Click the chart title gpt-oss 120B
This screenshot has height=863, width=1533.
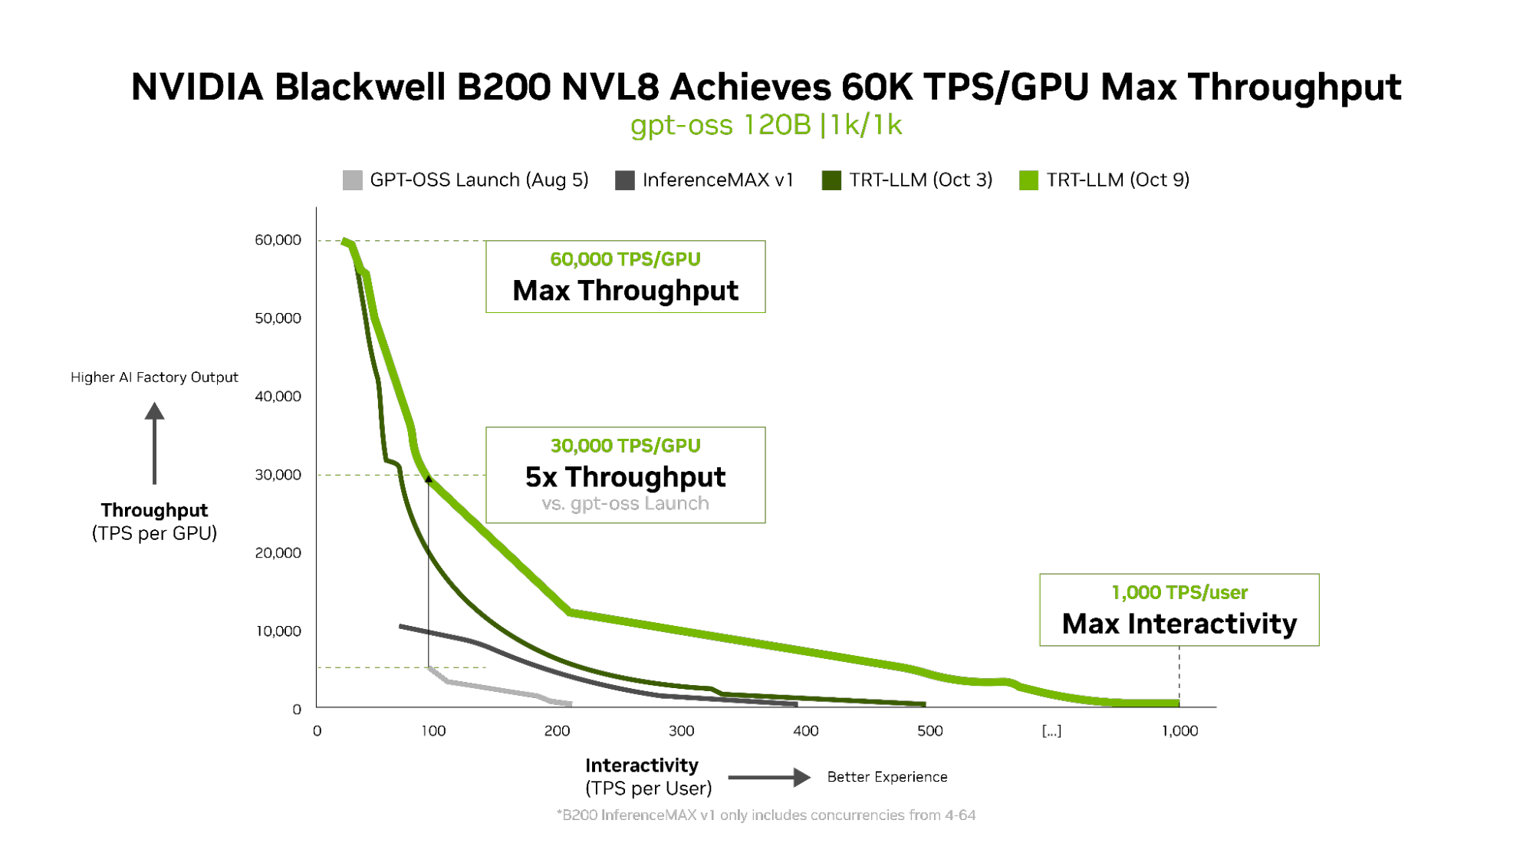[720, 125]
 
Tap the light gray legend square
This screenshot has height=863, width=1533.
[352, 180]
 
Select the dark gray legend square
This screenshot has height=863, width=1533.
[625, 180]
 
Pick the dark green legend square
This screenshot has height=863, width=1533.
[831, 180]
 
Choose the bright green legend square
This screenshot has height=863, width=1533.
[1029, 180]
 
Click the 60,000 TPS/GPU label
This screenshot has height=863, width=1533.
[625, 259]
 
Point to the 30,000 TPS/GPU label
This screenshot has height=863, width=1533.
[625, 446]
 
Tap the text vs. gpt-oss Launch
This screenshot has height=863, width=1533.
[625, 503]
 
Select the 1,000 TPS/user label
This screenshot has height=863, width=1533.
[1179, 592]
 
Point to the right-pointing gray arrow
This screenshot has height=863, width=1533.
[769, 777]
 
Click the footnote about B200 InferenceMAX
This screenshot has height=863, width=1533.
[766, 815]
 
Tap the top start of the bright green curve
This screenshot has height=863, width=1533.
[346, 242]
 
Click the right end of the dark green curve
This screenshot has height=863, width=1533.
[923, 703]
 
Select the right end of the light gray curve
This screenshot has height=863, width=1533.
[570, 703]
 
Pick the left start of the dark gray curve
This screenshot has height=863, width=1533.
[401, 627]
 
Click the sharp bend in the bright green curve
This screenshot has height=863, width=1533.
[570, 612]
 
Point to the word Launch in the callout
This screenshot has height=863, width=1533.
[676, 503]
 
